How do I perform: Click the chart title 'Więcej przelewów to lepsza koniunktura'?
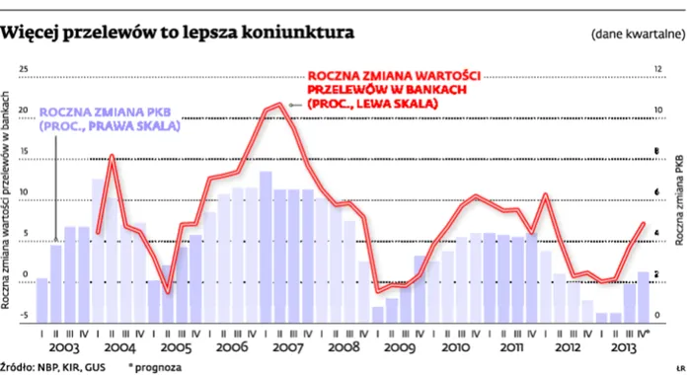coord(178,34)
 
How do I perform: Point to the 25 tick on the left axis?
coord(25,70)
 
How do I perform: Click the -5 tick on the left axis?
coord(24,315)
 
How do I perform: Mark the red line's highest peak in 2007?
coord(281,103)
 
